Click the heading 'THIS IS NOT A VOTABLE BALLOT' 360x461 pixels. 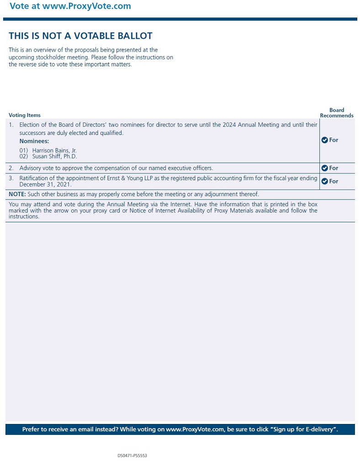80,36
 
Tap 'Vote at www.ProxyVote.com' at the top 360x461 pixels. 70,6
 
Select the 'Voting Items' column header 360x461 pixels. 25,115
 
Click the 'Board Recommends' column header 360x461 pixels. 337,113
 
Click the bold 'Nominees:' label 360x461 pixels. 34,141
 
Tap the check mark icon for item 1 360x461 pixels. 325,140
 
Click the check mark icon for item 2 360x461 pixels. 325,168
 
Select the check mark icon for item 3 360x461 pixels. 325,182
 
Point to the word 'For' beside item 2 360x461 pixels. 334,168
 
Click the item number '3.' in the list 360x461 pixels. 11,178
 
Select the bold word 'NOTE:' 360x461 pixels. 17,194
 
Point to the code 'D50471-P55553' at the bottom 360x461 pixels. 132,456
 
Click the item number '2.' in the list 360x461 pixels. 11,168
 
